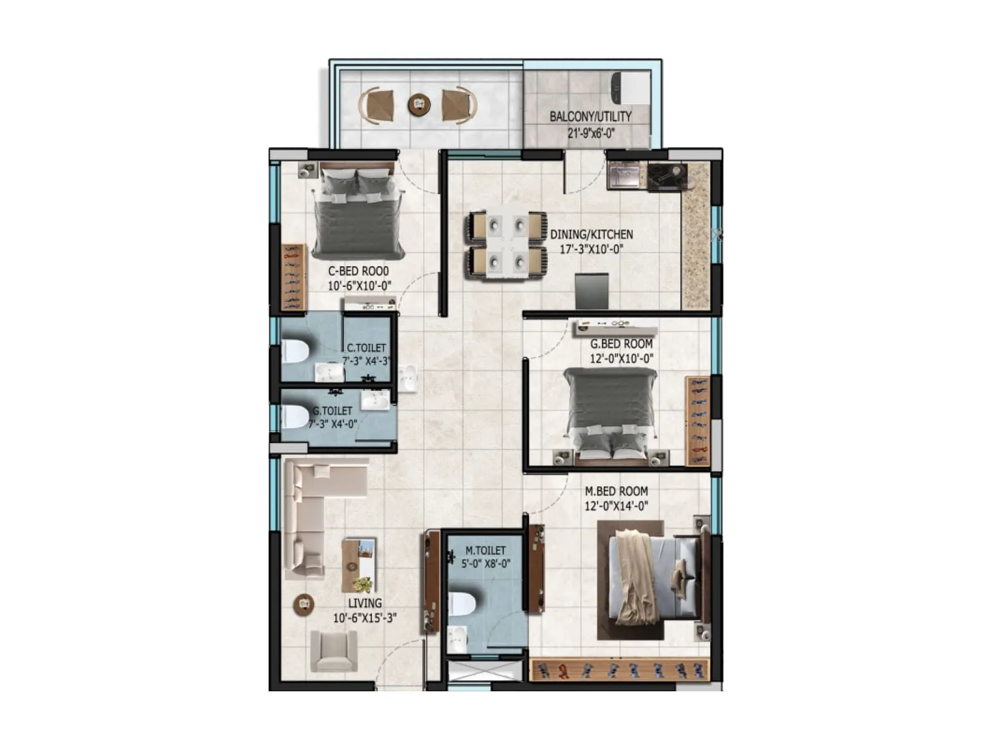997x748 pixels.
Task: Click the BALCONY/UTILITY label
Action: (x=590, y=117)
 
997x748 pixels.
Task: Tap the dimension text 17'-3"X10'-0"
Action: (x=591, y=249)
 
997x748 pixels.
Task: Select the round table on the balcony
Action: (x=419, y=104)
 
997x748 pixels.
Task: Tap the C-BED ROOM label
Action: (x=358, y=271)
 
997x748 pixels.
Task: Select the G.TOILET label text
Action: (x=332, y=411)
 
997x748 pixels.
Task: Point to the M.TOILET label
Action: (x=485, y=550)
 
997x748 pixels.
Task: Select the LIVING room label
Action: (x=365, y=603)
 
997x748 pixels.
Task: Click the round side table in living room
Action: (x=303, y=603)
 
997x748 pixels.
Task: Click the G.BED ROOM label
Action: (x=621, y=343)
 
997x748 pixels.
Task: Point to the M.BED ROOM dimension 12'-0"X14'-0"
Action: (x=616, y=506)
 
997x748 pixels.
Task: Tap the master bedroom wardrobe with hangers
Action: (x=619, y=670)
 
